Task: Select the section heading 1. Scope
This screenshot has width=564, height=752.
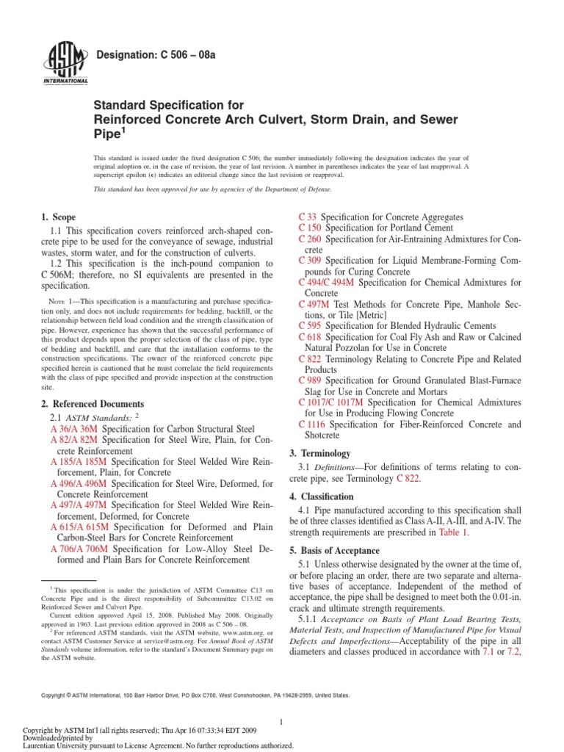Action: [x=59, y=217]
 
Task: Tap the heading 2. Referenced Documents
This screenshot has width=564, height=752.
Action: [x=93, y=404]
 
